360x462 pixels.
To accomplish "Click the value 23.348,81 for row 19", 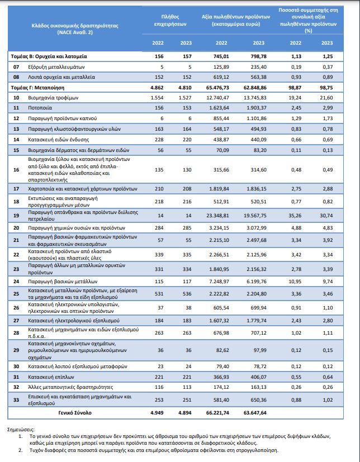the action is pyautogui.click(x=217, y=216).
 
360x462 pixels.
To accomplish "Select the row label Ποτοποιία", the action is pyautogui.click(x=40, y=108).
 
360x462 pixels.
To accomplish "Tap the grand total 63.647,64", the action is pyautogui.click(x=255, y=413).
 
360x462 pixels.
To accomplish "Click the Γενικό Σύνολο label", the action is pyautogui.click(x=75, y=413).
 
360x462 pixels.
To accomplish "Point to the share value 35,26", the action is pyautogui.click(x=294, y=216).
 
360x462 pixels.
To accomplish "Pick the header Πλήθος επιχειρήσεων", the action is pyautogui.click(x=170, y=20).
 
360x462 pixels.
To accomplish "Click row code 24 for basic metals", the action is pyautogui.click(x=16, y=282).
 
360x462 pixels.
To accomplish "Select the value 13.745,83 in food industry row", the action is pyautogui.click(x=255, y=98).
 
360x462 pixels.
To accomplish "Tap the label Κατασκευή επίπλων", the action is pyautogui.click(x=51, y=377).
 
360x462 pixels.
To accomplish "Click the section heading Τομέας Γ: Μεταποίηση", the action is pyautogui.click(x=37, y=88).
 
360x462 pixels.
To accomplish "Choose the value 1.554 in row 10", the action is pyautogui.click(x=157, y=98).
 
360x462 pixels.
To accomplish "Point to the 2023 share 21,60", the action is pyautogui.click(x=326, y=98).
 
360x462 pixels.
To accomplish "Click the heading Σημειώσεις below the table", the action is pyautogui.click(x=21, y=430).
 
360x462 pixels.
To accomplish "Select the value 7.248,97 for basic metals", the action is pyautogui.click(x=219, y=282).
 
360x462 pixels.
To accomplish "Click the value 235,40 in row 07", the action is pyautogui.click(x=259, y=67).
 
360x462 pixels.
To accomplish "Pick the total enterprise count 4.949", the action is pyautogui.click(x=157, y=413).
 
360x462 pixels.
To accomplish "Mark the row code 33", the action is pyautogui.click(x=16, y=400).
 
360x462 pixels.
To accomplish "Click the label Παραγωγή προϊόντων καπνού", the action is pyautogui.click(x=62, y=118).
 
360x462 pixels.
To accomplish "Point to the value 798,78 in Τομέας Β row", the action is pyautogui.click(x=259, y=56).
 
